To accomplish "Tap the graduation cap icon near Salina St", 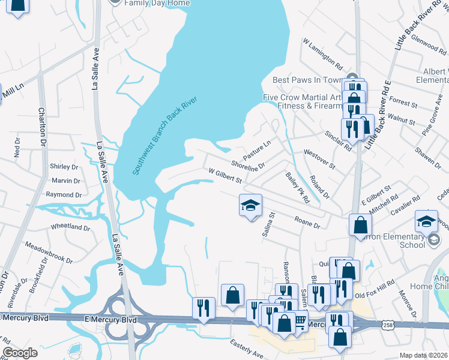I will pyautogui.click(x=251, y=206).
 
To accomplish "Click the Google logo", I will pyautogui.click(x=20, y=353).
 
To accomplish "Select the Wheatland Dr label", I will pyautogui.click(x=70, y=227).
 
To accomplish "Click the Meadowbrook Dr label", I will pyautogui.click(x=48, y=253).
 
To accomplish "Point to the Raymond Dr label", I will pyautogui.click(x=64, y=195).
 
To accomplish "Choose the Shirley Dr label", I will pyautogui.click(x=64, y=167).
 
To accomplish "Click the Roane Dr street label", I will pyautogui.click(x=307, y=222).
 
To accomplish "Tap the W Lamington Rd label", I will pyautogui.click(x=322, y=55).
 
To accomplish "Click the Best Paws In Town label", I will pyautogui.click(x=307, y=80).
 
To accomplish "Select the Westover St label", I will pyautogui.click(x=319, y=159).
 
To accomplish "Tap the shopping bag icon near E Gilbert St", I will pyautogui.click(x=360, y=225).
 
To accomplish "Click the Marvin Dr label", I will pyautogui.click(x=65, y=181).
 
